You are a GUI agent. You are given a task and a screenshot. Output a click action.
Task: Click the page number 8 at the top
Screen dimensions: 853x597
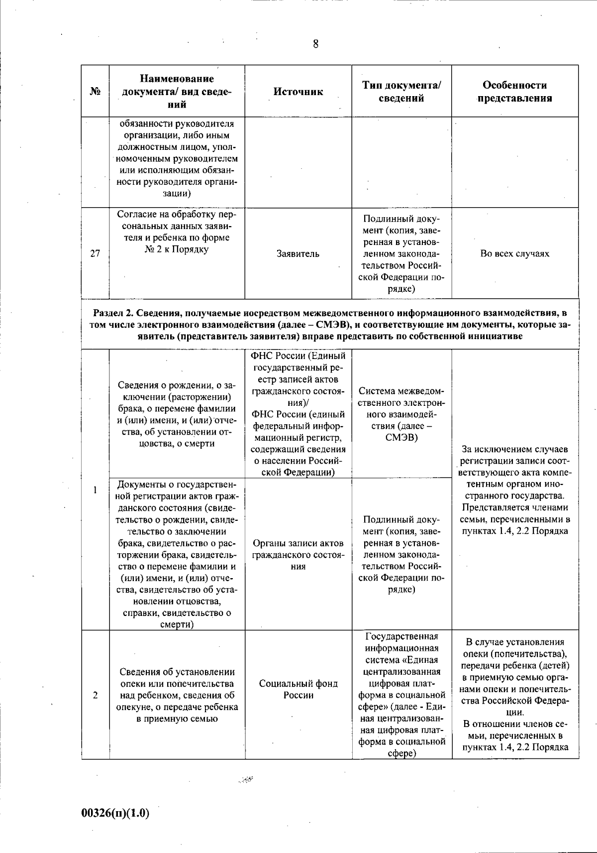pos(315,44)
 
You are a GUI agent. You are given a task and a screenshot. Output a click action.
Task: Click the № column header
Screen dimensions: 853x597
pos(95,92)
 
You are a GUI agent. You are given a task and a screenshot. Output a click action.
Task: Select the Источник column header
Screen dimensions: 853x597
pos(298,92)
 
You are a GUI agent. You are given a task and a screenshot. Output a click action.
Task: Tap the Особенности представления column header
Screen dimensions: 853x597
pos(515,92)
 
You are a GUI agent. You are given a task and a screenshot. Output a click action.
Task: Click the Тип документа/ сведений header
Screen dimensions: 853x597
pos(401,92)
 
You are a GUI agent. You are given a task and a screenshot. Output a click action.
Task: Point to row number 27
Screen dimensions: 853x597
pos(95,253)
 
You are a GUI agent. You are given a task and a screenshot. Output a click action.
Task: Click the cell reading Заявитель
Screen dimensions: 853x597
pos(298,254)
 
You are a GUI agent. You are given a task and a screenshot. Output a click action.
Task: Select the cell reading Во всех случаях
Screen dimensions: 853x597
pos(515,254)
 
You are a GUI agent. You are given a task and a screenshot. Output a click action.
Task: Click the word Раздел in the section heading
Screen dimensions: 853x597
pos(106,313)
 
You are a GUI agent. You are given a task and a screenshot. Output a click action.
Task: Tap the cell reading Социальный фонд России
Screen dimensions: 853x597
pos(298,689)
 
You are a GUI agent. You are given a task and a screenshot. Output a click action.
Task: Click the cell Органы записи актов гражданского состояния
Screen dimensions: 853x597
pos(298,554)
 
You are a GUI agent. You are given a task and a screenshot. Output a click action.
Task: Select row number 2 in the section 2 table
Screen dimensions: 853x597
pos(95,695)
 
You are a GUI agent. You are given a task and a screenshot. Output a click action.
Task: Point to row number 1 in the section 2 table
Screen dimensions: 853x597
pos(95,490)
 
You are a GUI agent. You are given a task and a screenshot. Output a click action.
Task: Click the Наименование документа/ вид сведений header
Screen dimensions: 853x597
pos(177,92)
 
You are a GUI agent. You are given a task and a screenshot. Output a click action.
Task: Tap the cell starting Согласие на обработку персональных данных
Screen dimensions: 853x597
pos(177,232)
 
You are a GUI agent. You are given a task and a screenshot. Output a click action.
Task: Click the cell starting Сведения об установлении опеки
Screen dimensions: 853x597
pos(177,695)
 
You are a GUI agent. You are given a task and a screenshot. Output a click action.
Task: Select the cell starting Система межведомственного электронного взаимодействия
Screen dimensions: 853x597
pos(401,414)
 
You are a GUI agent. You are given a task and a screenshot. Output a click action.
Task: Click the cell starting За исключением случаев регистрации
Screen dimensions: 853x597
pos(515,490)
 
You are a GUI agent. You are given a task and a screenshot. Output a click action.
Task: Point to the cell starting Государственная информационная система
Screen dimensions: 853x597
pos(401,695)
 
